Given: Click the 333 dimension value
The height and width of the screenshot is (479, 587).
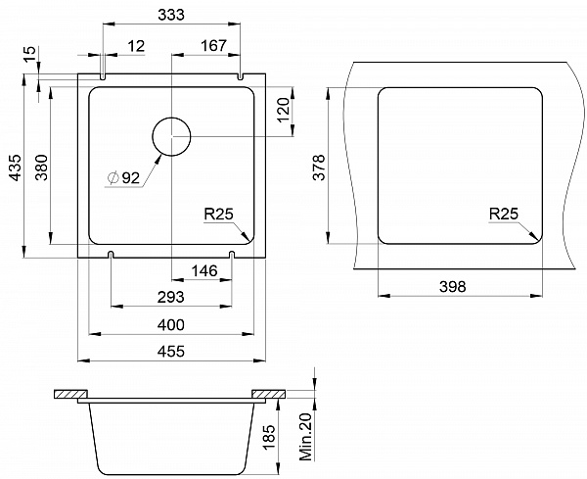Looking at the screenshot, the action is (x=171, y=15).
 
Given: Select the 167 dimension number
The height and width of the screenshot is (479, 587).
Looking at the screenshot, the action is (x=213, y=46).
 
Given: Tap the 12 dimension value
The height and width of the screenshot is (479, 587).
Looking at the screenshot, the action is (x=136, y=46).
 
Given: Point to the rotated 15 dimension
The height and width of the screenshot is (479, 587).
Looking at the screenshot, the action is (x=30, y=54).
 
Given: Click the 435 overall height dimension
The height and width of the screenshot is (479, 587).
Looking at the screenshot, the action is (x=16, y=168).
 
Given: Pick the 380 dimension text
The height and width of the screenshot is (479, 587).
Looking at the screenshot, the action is (x=41, y=168).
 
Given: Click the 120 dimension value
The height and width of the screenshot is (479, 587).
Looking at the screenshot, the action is (x=284, y=110).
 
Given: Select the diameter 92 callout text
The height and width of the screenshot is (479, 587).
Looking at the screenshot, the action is (x=123, y=177).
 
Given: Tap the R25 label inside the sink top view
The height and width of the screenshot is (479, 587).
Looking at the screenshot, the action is (x=218, y=214).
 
